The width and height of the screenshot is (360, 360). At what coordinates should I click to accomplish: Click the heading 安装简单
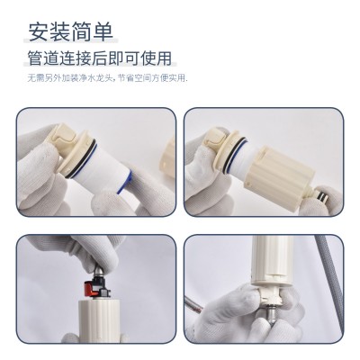point(71,31)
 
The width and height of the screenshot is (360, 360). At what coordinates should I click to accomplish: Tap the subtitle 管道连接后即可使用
point(100,58)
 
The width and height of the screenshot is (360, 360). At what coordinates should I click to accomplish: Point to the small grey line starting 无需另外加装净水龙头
point(107,78)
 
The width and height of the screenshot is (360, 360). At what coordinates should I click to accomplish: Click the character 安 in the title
point(39,31)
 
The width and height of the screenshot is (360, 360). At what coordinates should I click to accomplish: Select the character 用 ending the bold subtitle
point(164,58)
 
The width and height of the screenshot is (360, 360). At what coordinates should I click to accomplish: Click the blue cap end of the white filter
point(124,182)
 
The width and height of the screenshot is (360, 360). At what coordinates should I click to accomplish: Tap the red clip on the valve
point(89,286)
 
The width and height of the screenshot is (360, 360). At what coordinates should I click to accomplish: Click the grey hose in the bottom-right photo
point(332,281)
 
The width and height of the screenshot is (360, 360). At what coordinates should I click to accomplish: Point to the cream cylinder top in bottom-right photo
point(271,260)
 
